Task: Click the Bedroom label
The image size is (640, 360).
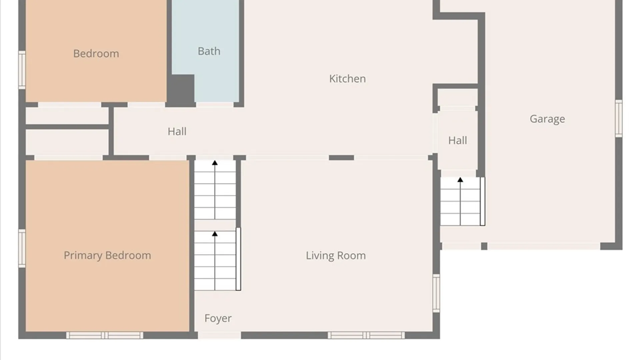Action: click(x=96, y=53)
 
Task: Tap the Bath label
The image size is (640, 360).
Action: click(x=209, y=51)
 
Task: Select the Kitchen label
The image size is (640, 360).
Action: click(x=347, y=79)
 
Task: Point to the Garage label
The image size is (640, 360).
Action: click(x=547, y=119)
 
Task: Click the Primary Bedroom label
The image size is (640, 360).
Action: click(x=107, y=255)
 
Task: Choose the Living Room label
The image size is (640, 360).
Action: click(x=336, y=256)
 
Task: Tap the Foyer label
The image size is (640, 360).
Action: click(x=218, y=318)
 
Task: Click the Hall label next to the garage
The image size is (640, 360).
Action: click(x=457, y=140)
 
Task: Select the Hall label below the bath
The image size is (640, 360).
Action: click(x=177, y=131)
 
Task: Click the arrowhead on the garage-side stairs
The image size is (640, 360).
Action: click(x=460, y=180)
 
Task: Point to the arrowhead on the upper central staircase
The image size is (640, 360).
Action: click(x=215, y=163)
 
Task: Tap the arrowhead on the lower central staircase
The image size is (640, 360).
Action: click(x=215, y=234)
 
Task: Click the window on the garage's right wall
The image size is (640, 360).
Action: click(x=619, y=118)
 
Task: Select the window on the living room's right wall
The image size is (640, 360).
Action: click(x=436, y=293)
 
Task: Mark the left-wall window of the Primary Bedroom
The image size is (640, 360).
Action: click(x=22, y=248)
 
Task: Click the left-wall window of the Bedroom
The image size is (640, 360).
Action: click(x=22, y=70)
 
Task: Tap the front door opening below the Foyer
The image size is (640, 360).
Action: click(x=219, y=335)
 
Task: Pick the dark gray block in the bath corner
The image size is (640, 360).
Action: click(x=180, y=89)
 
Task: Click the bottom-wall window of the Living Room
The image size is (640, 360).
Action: click(x=366, y=335)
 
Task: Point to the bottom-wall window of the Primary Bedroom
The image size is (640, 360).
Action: click(x=105, y=335)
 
